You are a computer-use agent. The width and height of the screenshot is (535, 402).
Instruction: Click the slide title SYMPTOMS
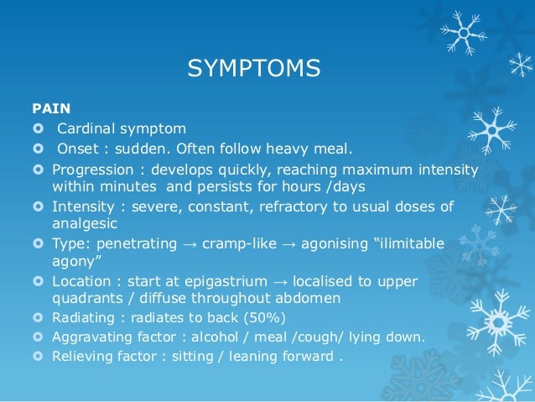point(253,67)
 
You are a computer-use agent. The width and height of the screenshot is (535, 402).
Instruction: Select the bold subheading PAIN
point(51,108)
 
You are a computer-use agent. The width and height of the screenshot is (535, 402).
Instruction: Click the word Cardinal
point(84,128)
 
